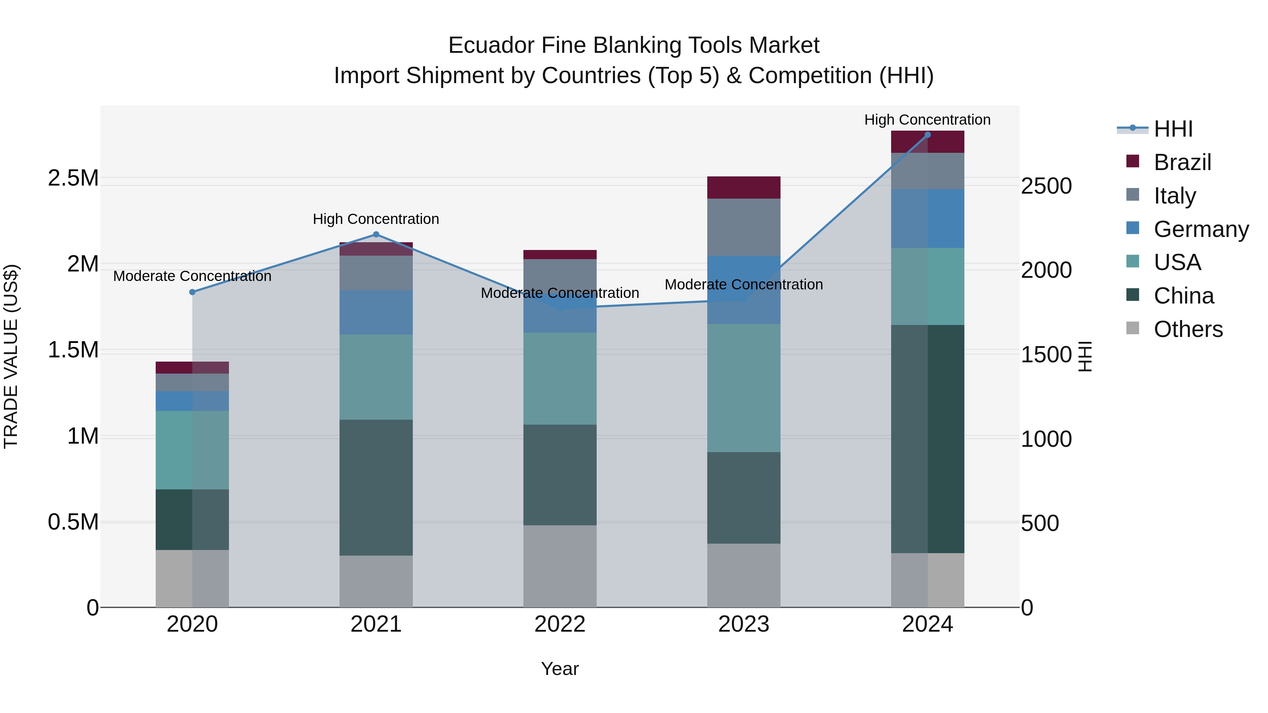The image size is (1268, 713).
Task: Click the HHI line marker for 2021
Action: point(376,234)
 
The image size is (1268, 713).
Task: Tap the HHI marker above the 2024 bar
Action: point(927,135)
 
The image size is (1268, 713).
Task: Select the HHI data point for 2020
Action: point(192,292)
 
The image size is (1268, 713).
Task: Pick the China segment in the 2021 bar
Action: point(376,487)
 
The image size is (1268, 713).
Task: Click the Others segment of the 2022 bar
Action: point(560,566)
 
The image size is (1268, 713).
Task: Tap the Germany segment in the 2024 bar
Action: point(927,218)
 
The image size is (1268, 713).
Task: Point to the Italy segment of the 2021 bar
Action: point(376,273)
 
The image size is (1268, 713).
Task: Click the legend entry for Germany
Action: point(1201,229)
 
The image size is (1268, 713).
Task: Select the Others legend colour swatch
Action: point(1133,328)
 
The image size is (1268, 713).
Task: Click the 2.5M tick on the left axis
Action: point(73,178)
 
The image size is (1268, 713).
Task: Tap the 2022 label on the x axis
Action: point(560,624)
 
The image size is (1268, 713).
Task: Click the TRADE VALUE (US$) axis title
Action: point(11,356)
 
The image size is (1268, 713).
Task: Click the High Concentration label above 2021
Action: point(376,219)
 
